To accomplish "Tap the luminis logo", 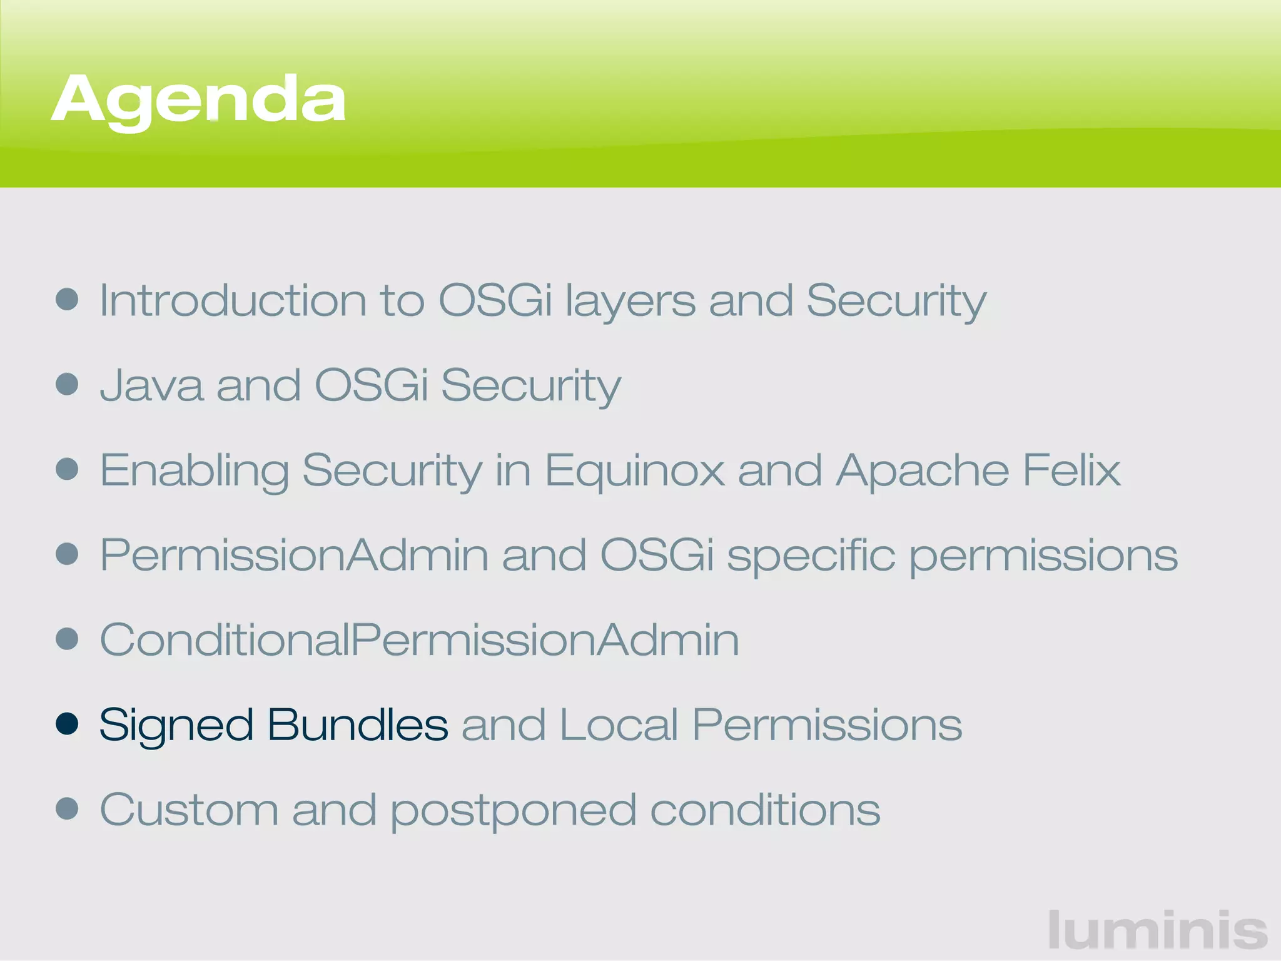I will pos(1157,930).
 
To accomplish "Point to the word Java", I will pos(151,386).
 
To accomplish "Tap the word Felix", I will pos(1071,470).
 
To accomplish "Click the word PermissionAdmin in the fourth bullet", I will pos(294,556).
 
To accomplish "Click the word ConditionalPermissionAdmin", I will pos(419,640).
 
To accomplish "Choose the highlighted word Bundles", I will pos(358,725).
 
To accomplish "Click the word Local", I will pos(619,725).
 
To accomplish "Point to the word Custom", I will pos(189,810).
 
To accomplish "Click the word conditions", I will pos(765,810).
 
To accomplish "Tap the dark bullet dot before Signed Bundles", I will pos(67,724).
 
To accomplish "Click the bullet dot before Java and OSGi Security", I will pos(67,384).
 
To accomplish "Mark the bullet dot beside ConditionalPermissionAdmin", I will pos(67,639).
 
